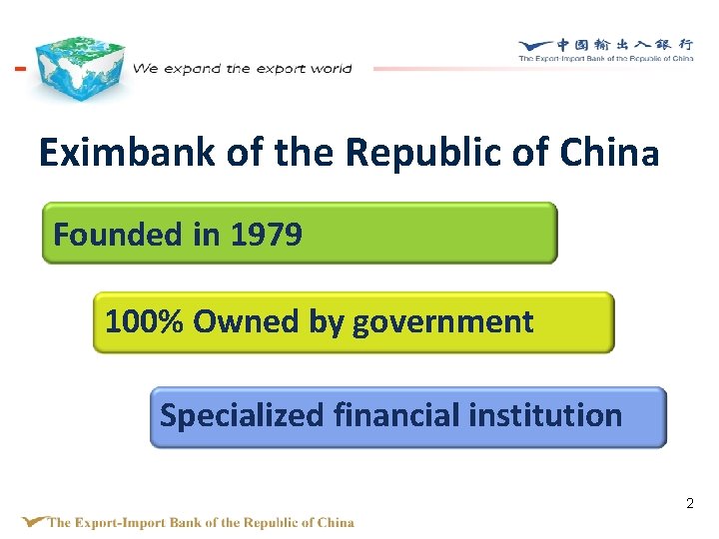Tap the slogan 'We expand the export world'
(243, 69)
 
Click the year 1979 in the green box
(266, 235)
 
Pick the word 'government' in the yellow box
(442, 322)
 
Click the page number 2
(689, 504)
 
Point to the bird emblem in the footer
(34, 520)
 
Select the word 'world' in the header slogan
(331, 69)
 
